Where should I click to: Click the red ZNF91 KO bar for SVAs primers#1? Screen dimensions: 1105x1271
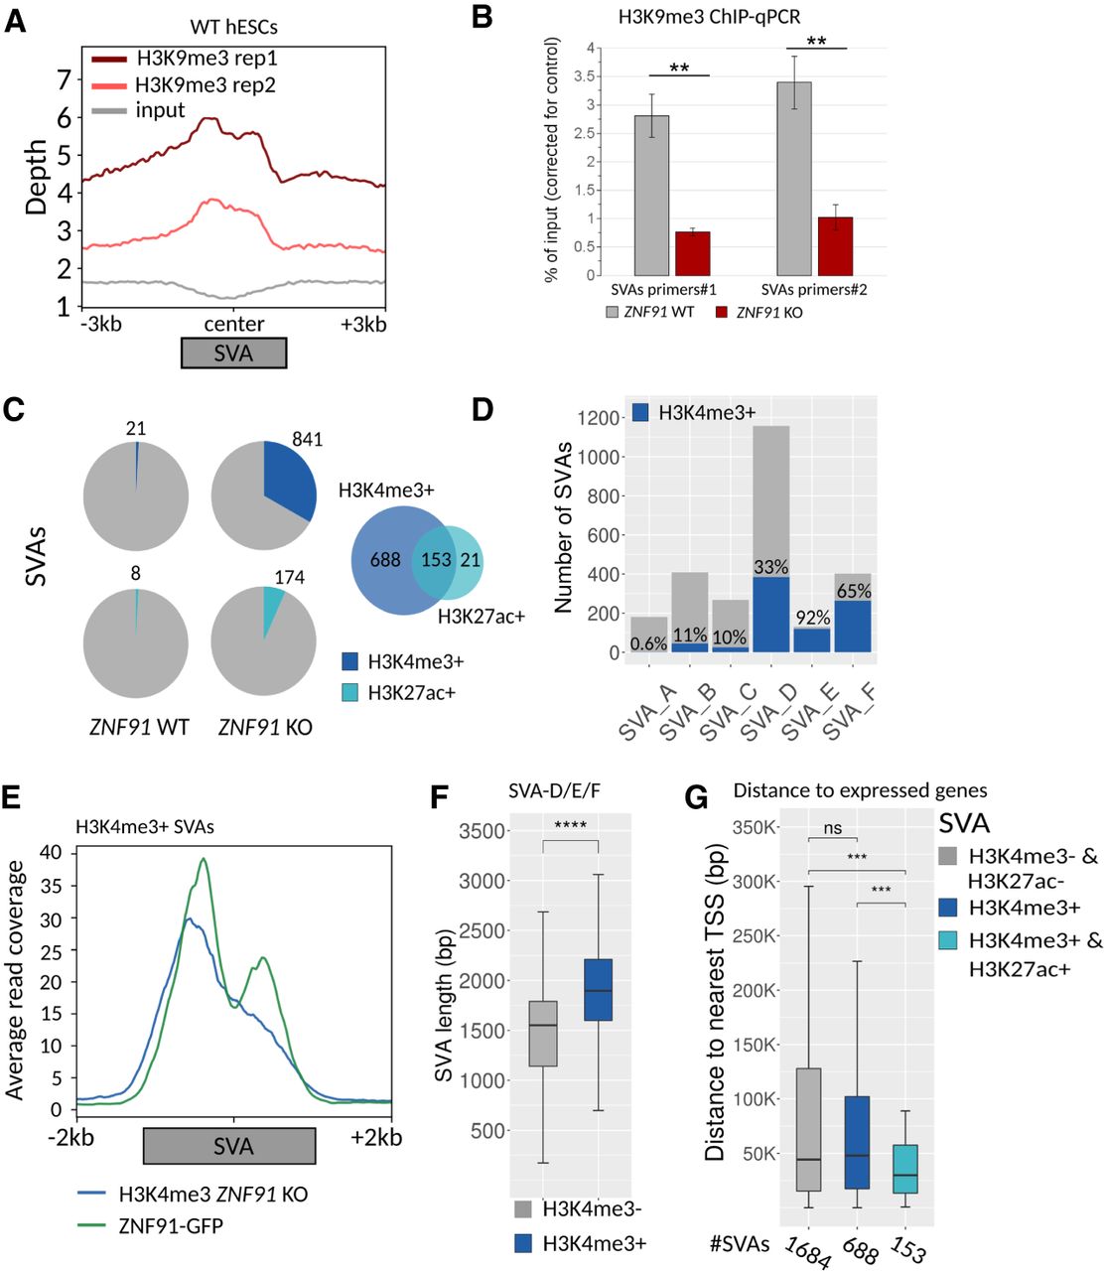(692, 253)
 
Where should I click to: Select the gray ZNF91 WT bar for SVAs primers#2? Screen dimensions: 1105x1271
(793, 179)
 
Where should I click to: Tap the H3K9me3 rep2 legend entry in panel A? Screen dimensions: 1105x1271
(184, 84)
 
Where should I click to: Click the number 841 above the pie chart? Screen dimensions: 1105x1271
(307, 439)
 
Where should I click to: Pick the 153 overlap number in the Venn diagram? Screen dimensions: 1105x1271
(436, 560)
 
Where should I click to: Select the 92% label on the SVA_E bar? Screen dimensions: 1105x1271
(812, 618)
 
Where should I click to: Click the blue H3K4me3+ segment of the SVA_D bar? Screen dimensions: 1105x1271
(770, 615)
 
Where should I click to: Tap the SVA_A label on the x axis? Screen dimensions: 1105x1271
(646, 713)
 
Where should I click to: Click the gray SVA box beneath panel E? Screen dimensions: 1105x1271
(229, 1146)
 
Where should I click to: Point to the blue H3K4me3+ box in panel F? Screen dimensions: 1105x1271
(598, 990)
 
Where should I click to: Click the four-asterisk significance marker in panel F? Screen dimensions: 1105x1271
(570, 825)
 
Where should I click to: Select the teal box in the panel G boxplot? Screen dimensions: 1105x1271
(904, 1169)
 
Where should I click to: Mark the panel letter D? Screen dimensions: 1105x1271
(483, 409)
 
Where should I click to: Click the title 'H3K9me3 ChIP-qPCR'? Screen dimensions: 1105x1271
(709, 17)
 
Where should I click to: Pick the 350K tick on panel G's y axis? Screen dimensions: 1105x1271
(754, 827)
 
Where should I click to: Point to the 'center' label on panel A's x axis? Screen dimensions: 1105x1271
(233, 324)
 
